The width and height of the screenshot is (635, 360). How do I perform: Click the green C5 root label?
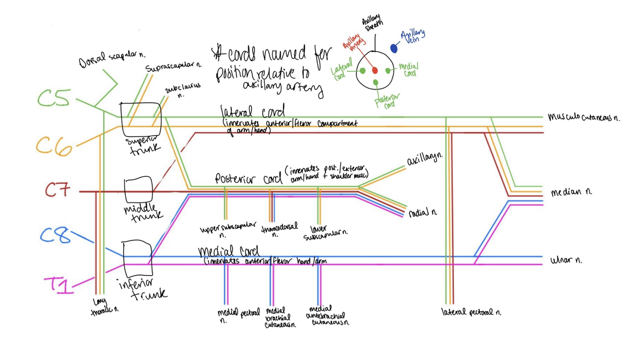pos(54,98)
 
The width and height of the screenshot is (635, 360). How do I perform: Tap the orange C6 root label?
pos(54,146)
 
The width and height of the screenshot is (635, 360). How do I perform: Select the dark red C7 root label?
pos(57,190)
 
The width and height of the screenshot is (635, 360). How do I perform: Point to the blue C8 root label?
pos(55,236)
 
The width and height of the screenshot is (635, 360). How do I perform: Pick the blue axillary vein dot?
pos(394,48)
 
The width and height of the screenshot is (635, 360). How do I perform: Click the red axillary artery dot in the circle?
pos(375,71)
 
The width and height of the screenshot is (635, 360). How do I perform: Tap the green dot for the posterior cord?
pos(375,82)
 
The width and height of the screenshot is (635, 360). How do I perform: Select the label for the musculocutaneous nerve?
pos(583,117)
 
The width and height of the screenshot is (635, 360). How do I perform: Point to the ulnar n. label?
pos(566,260)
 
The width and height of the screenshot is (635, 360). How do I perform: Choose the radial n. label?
pos(423,213)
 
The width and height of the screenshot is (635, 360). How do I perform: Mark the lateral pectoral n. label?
pos(471,312)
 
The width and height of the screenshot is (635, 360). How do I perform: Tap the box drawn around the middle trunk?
pos(138,190)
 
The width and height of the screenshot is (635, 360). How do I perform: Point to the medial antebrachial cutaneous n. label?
pos(327,316)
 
